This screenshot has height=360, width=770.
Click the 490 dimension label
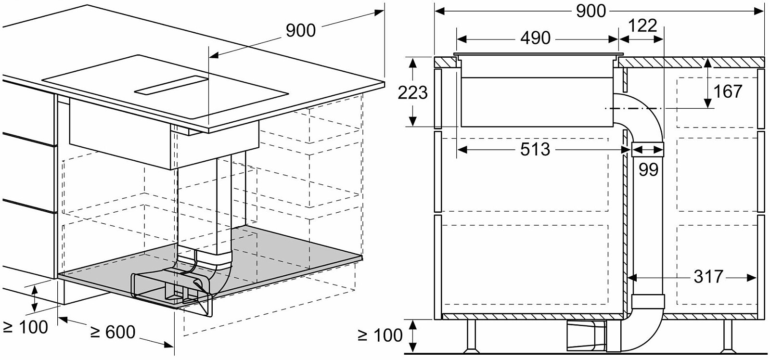535,38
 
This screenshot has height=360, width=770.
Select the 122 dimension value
642,25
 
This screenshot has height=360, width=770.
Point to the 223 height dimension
412,92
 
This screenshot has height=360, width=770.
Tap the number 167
728,91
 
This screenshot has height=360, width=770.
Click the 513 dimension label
535,150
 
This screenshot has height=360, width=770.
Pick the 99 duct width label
648,169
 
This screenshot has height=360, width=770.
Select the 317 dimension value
708,277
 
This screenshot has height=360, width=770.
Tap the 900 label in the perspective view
301,31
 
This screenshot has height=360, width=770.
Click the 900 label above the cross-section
590,11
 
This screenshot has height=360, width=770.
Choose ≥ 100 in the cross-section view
380,335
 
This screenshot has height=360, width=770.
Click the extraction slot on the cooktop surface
171,85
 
